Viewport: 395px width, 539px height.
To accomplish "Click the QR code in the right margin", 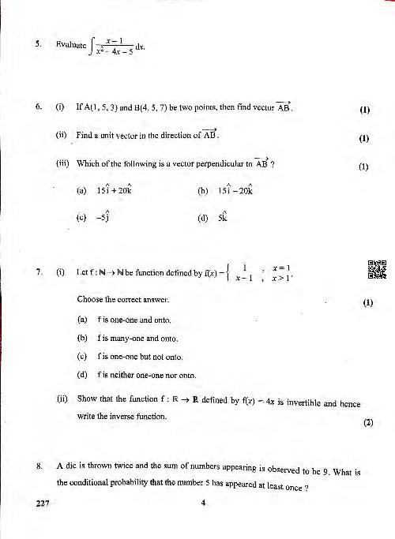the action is click(x=377, y=269).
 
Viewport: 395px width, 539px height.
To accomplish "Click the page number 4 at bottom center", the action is click(x=202, y=505).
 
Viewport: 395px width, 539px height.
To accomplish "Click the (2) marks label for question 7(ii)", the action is click(x=367, y=422).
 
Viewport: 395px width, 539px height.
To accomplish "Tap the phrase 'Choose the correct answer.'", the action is click(x=122, y=301).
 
